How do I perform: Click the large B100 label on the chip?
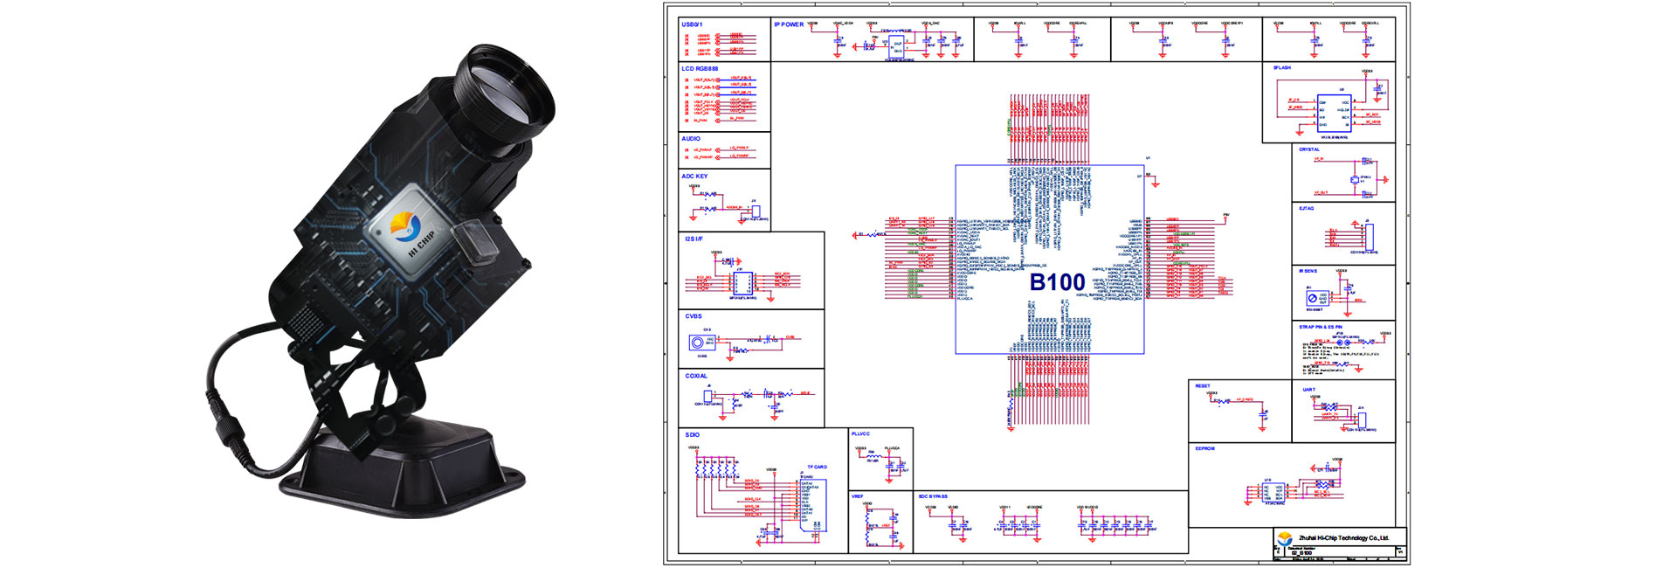(1057, 282)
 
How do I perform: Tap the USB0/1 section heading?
(692, 24)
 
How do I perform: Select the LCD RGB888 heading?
(700, 68)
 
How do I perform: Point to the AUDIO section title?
(691, 139)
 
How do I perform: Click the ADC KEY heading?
(694, 177)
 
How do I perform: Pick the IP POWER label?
(789, 24)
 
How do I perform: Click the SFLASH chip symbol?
(1334, 113)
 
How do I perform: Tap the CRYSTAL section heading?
(1309, 149)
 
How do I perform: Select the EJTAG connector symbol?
(1369, 236)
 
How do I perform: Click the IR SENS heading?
(1308, 271)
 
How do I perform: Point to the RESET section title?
(1203, 385)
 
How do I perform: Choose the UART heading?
(1308, 390)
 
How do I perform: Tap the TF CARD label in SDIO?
(817, 468)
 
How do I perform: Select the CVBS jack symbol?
(697, 342)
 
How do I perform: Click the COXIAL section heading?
(696, 376)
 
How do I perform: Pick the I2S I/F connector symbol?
(742, 283)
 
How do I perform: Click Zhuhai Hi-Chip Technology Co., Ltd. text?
(1343, 537)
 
